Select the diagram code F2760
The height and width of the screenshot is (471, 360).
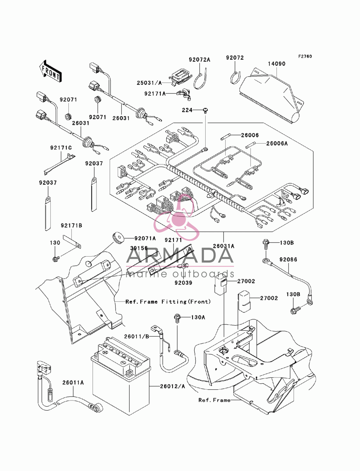point(305,56)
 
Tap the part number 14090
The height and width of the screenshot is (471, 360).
point(276,64)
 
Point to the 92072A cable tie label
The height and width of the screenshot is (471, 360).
point(199,60)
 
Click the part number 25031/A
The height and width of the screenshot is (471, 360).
point(149,83)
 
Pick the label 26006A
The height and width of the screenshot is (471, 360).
point(277,144)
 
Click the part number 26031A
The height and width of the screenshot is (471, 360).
point(224,246)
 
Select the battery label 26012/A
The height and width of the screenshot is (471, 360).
point(172,386)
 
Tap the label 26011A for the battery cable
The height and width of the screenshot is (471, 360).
point(73,382)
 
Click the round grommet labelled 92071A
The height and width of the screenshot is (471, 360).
point(118,237)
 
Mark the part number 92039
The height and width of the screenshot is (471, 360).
point(183,283)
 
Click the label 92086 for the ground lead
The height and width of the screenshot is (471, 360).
point(288,260)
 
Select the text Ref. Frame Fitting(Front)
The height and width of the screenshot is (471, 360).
point(168,302)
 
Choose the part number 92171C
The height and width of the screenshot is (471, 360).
point(61,148)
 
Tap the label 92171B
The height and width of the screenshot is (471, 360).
point(72,226)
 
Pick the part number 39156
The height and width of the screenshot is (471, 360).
point(139,248)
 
